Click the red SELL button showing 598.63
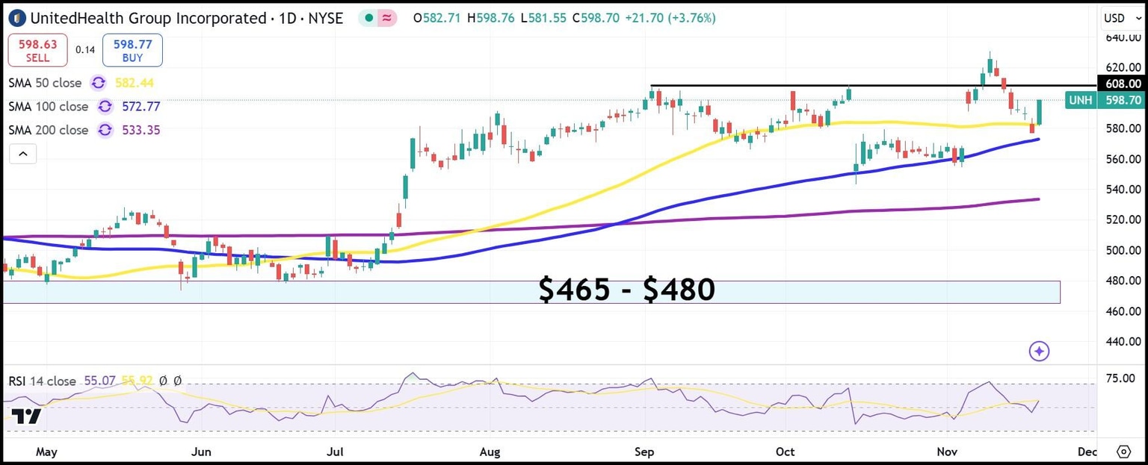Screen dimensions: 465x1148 (37, 51)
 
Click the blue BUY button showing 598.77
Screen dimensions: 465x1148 (132, 51)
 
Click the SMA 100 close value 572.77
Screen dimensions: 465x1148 (142, 107)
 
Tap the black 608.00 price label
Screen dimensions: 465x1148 (1122, 84)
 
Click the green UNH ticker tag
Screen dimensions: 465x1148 (1079, 100)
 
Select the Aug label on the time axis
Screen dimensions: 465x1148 (490, 452)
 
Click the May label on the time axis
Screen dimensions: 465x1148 (46, 452)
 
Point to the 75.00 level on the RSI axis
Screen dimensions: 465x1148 (1120, 379)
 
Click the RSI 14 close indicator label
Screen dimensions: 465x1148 (43, 381)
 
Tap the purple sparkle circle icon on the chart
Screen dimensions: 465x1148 (1039, 351)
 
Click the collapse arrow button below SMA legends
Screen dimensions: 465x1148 (22, 155)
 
